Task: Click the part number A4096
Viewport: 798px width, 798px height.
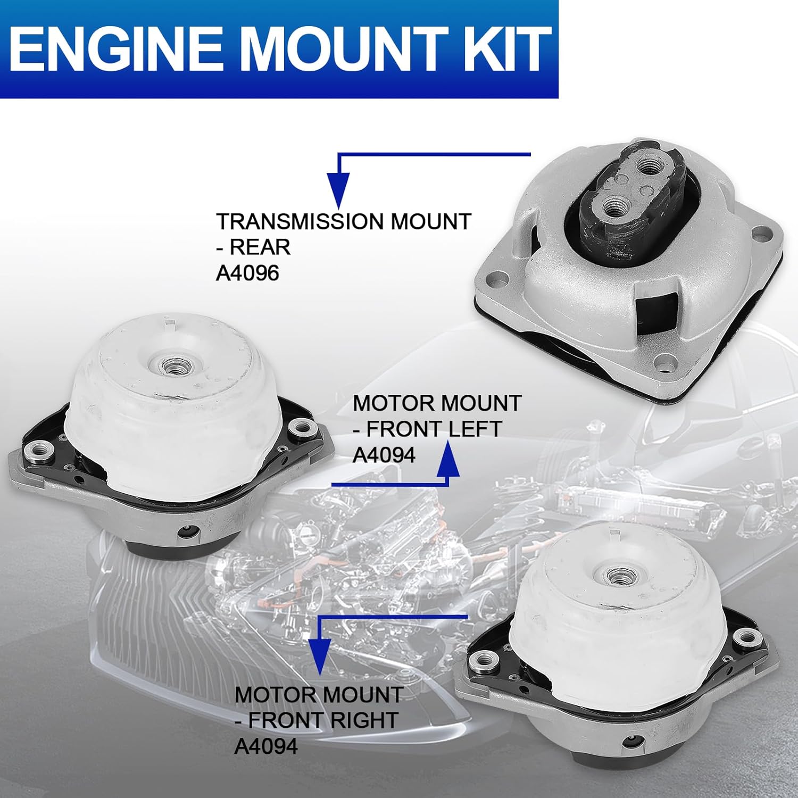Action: pos(247,273)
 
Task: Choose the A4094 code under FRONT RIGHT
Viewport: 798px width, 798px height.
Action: pos(266,746)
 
